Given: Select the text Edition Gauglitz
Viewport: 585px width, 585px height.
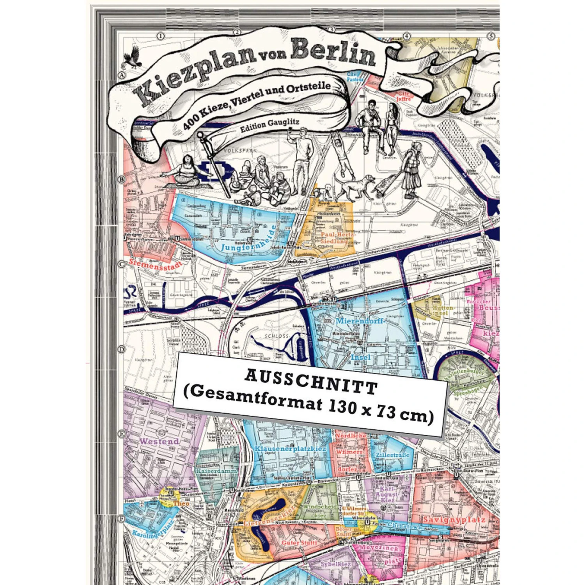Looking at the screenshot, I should point(269,125).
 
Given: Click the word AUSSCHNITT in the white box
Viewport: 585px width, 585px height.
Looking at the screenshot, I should point(311,381).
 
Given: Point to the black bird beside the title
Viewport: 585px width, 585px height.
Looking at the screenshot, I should point(133,57).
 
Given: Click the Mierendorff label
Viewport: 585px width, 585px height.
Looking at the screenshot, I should point(359,321).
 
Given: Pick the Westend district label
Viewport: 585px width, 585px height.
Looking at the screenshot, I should point(159,441).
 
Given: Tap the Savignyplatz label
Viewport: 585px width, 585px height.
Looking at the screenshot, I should point(454,519).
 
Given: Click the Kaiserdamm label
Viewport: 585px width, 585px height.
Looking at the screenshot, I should point(216,471).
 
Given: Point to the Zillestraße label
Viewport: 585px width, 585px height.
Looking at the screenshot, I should point(392,455).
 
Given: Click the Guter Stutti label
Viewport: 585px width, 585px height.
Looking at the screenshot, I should point(299,542).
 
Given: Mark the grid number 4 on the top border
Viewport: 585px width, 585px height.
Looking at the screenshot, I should point(407,36).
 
